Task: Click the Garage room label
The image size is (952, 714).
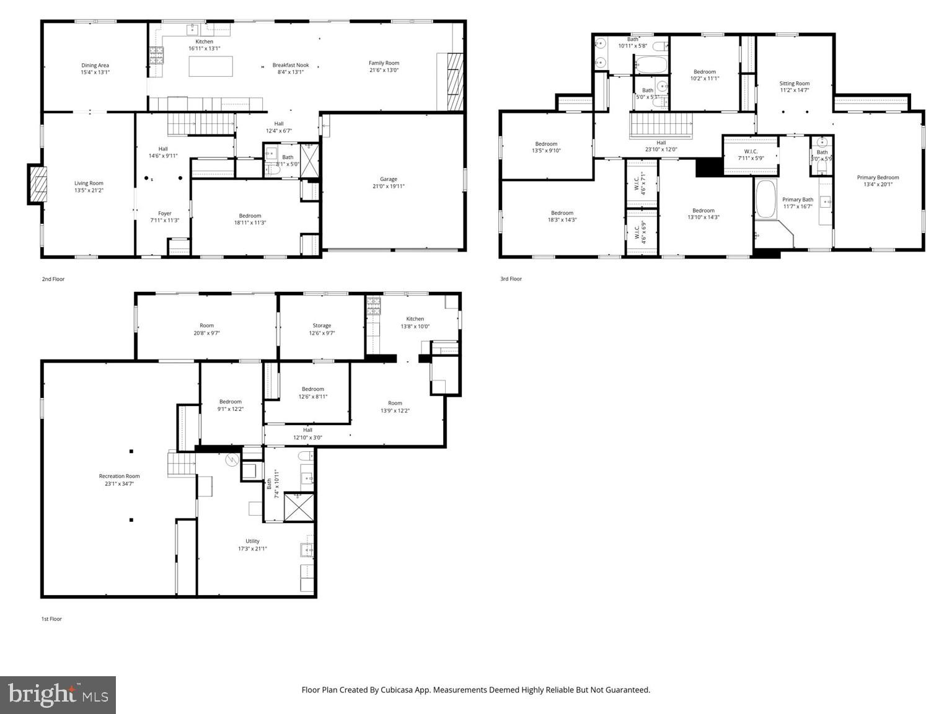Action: pos(389,179)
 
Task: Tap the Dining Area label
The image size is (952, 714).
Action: pos(95,65)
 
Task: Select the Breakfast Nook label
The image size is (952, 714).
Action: pos(290,65)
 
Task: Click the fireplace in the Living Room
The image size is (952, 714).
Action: pos(37,184)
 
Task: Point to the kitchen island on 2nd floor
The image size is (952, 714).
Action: pos(211,66)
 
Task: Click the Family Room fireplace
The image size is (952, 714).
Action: pos(455,82)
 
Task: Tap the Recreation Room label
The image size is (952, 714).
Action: pos(120,476)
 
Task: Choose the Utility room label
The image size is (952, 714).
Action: pos(252,541)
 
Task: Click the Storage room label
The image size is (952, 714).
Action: pos(322,325)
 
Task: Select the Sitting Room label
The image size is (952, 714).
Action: pos(794,83)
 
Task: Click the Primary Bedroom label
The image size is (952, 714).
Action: pos(878,177)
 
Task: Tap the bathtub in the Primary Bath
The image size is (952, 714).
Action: pos(765,199)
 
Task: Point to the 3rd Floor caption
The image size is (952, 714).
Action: pos(511,279)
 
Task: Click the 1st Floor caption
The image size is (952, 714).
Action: pos(51,619)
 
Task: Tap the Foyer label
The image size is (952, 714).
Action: pos(164,213)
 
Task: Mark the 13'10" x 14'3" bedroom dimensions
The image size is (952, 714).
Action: pos(703,218)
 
